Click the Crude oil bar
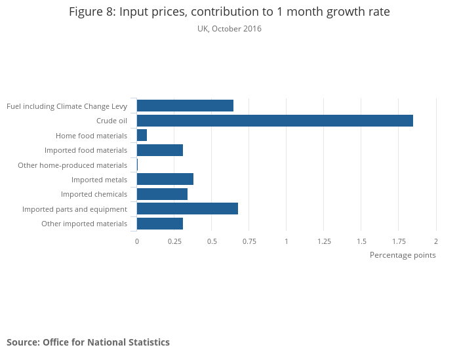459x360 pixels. pos(275,121)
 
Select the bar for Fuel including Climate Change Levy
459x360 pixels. pos(185,106)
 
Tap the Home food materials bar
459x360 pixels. pos(142,135)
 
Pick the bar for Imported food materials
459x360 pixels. pos(160,150)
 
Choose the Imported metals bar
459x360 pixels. pos(165,180)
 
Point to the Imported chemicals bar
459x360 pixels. pos(162,194)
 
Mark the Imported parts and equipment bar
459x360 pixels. pos(188,209)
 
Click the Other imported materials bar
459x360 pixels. pos(160,224)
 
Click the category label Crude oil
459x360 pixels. pos(111,121)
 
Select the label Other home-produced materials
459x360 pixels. pos(72,165)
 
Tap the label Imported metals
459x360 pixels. pos(99,180)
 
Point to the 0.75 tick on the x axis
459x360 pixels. pos(249,241)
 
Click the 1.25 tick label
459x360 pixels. pos(324,241)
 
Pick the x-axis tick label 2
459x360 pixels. pos(436,241)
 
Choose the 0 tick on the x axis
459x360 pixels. pos(137,241)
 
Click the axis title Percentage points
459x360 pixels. pos(403,255)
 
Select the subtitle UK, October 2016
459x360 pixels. pos(229,29)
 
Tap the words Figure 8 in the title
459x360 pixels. pos(90,12)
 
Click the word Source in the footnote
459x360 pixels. pos(23,342)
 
